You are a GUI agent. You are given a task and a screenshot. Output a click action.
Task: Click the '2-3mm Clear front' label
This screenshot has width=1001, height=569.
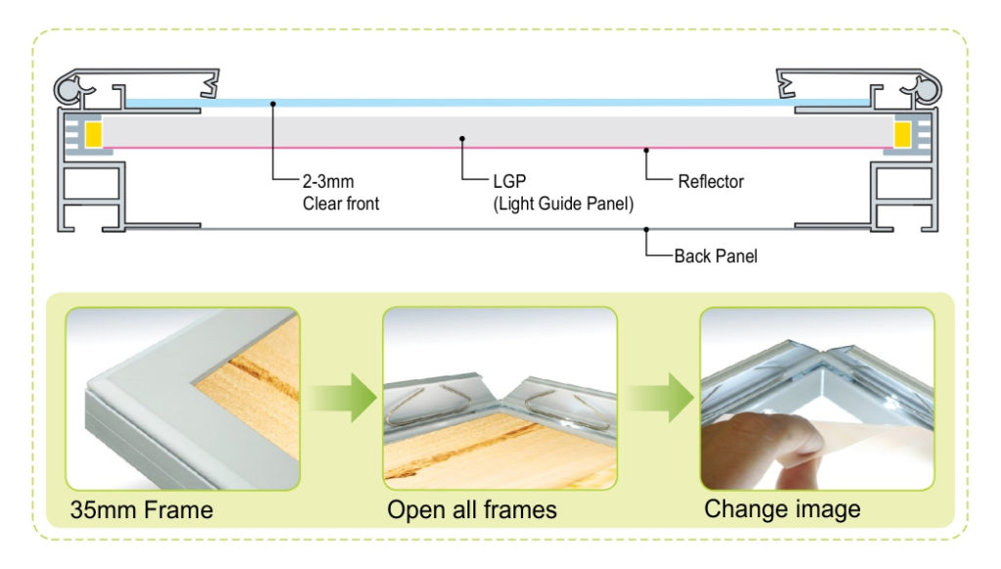coord(339,193)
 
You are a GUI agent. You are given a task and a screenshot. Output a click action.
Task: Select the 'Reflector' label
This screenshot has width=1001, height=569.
coord(711,182)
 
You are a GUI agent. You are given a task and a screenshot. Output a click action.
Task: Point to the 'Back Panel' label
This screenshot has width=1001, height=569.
coord(716,256)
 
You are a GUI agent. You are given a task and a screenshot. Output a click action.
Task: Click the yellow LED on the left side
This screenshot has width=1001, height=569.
coord(95,135)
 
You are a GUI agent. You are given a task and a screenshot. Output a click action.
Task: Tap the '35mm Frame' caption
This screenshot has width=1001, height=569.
coord(141,509)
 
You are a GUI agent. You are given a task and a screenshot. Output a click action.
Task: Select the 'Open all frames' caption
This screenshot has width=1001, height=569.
coord(472,509)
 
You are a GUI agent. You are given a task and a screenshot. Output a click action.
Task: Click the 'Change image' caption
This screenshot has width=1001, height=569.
coord(782,508)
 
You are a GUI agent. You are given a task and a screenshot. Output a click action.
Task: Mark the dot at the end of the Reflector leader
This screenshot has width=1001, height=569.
coord(645,150)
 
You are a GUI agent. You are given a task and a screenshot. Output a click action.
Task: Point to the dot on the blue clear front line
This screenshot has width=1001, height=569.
coord(274,103)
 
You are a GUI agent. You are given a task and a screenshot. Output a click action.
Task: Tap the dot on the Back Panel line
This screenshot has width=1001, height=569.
coord(645,229)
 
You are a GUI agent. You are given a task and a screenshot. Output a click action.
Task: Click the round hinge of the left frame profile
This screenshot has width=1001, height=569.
coord(69,90)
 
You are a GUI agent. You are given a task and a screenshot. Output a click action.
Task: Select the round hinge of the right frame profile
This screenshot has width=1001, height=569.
coord(928,90)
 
